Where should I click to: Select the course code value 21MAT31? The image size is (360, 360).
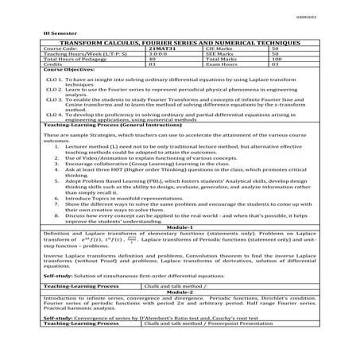point(162,48)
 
